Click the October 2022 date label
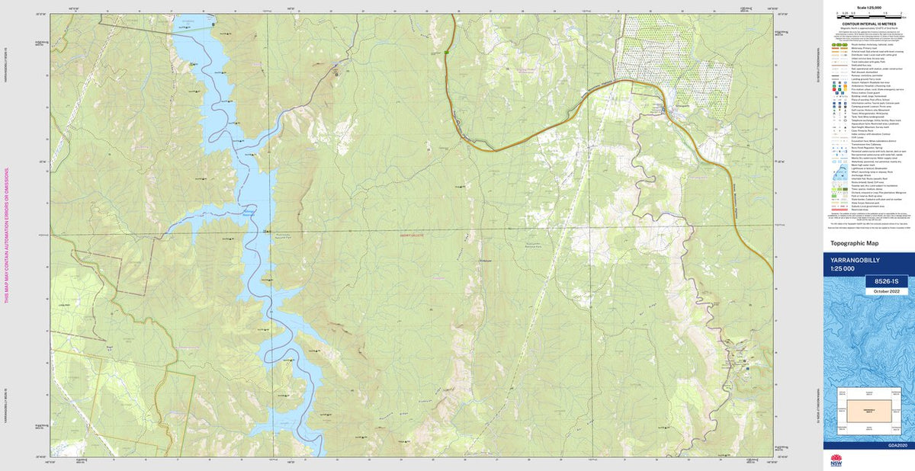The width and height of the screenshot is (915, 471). coord(887,291)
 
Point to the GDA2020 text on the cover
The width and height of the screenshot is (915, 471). coord(898,445)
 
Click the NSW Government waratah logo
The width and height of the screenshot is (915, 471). coord(836,460)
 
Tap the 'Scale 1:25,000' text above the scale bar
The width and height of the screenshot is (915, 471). coord(868,8)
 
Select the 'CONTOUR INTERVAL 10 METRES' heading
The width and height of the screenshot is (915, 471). coord(868,24)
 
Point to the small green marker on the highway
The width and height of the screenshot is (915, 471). coord(446,52)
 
